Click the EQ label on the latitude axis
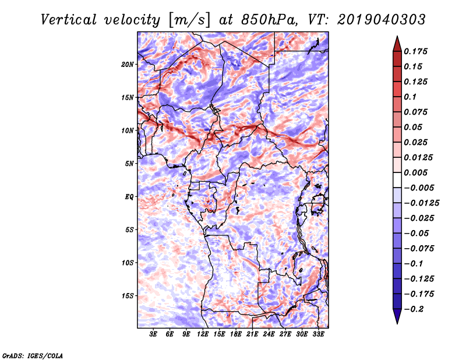(129, 196)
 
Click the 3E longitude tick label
(154, 334)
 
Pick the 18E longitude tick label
(236, 334)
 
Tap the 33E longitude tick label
(318, 334)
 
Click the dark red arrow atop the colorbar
(396, 43)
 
